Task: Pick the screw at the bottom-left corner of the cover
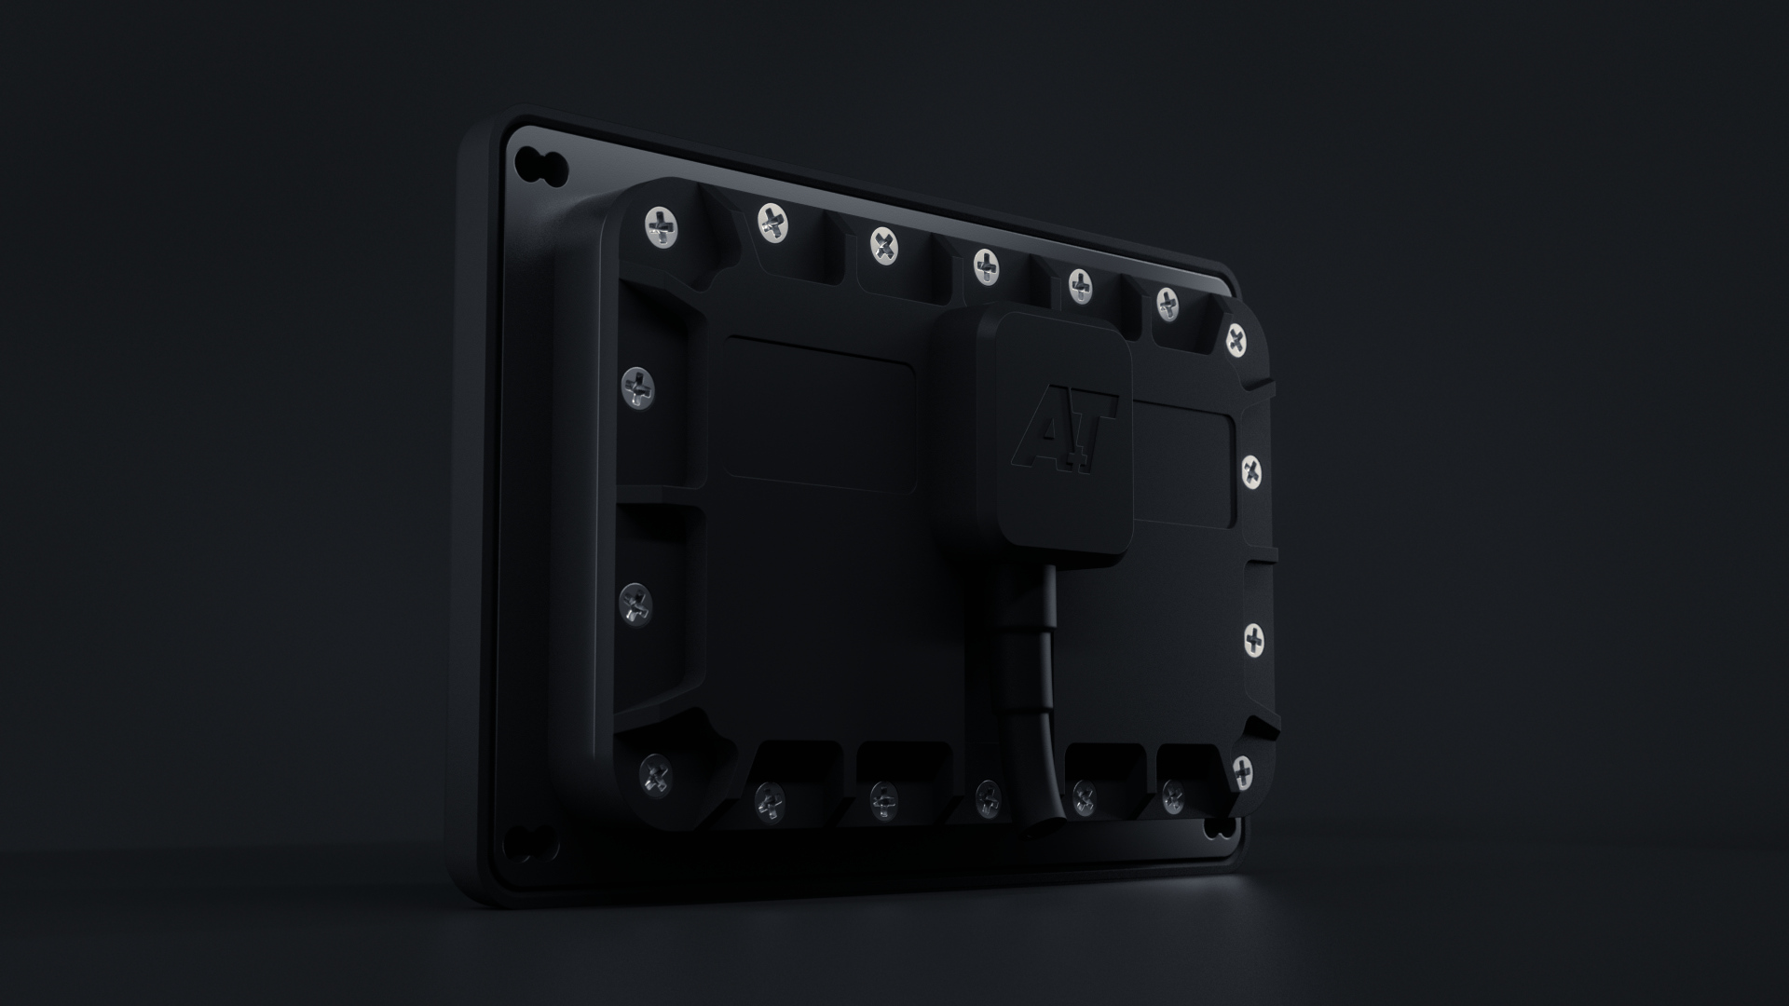click(x=655, y=774)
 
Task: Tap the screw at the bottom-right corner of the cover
click(x=1242, y=770)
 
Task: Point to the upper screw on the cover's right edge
click(x=1253, y=471)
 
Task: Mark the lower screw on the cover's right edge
click(x=1255, y=639)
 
